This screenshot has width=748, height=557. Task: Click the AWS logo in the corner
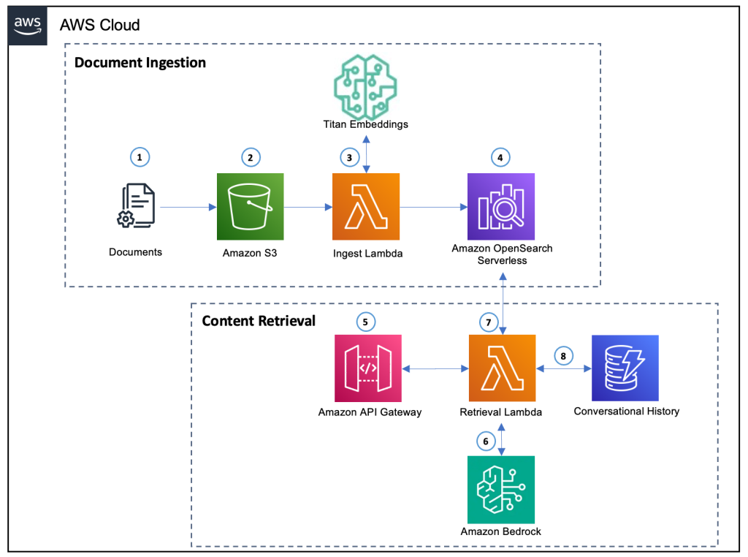[x=27, y=26]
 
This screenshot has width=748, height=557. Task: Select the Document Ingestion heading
[x=140, y=62]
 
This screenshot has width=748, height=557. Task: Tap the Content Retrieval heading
[x=259, y=321]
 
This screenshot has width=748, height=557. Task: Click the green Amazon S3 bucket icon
[x=251, y=207]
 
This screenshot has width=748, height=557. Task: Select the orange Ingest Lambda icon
[x=365, y=207]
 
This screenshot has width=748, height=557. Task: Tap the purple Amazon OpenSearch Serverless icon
[x=501, y=207]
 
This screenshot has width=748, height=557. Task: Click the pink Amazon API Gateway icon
[x=369, y=368]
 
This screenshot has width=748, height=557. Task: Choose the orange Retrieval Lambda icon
[x=501, y=368]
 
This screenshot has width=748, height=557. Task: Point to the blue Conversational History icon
[x=625, y=368]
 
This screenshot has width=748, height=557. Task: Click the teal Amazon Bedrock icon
[x=501, y=489]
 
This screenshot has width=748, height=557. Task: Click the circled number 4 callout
[x=500, y=156]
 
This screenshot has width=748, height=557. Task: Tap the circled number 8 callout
[x=563, y=355]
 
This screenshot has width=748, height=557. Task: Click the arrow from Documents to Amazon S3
[x=188, y=208]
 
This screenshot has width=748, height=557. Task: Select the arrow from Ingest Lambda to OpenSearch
[x=433, y=208]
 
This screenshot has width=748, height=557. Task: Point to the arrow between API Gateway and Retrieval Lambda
[x=435, y=370]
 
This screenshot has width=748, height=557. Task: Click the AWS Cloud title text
[x=99, y=26]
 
